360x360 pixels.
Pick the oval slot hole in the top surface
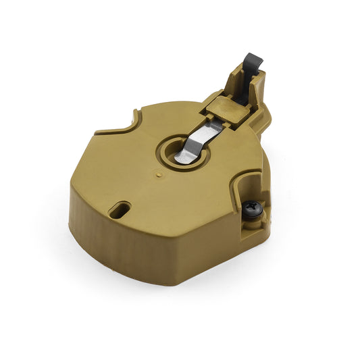[120, 209]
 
